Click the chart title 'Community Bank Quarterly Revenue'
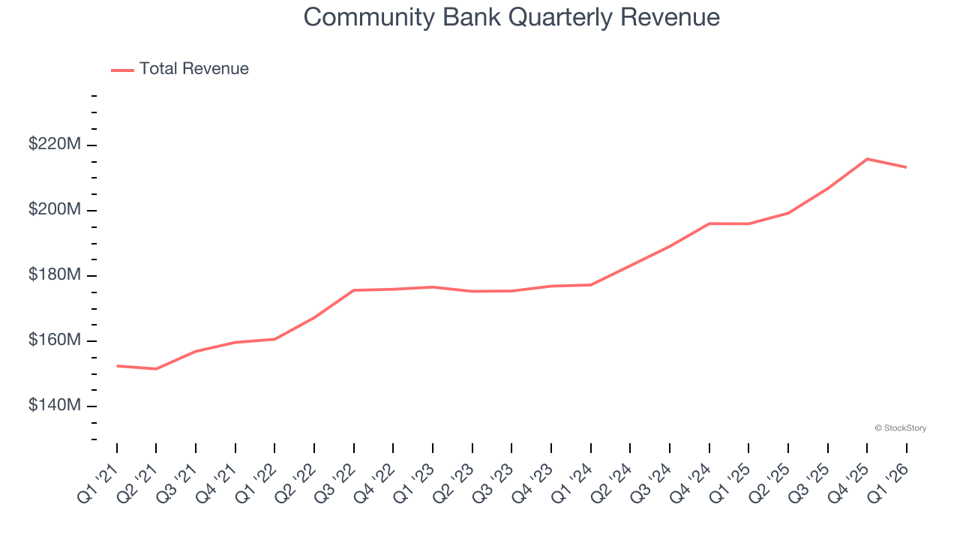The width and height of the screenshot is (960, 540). coord(511,17)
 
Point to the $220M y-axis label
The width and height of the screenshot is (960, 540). coord(54,144)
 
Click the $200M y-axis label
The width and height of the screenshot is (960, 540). coord(54,209)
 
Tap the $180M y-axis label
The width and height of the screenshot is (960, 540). coord(54,274)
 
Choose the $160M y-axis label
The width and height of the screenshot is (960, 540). coord(54,340)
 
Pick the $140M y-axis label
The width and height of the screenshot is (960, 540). coord(54,406)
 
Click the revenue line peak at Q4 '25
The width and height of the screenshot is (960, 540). coord(867,159)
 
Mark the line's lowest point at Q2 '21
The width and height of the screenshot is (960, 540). coord(156,369)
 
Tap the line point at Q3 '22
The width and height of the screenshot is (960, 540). coord(353,290)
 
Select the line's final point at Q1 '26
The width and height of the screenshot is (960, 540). coord(906,167)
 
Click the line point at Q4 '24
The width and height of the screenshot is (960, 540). coord(709,223)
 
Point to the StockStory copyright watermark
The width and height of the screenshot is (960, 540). coord(900,428)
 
